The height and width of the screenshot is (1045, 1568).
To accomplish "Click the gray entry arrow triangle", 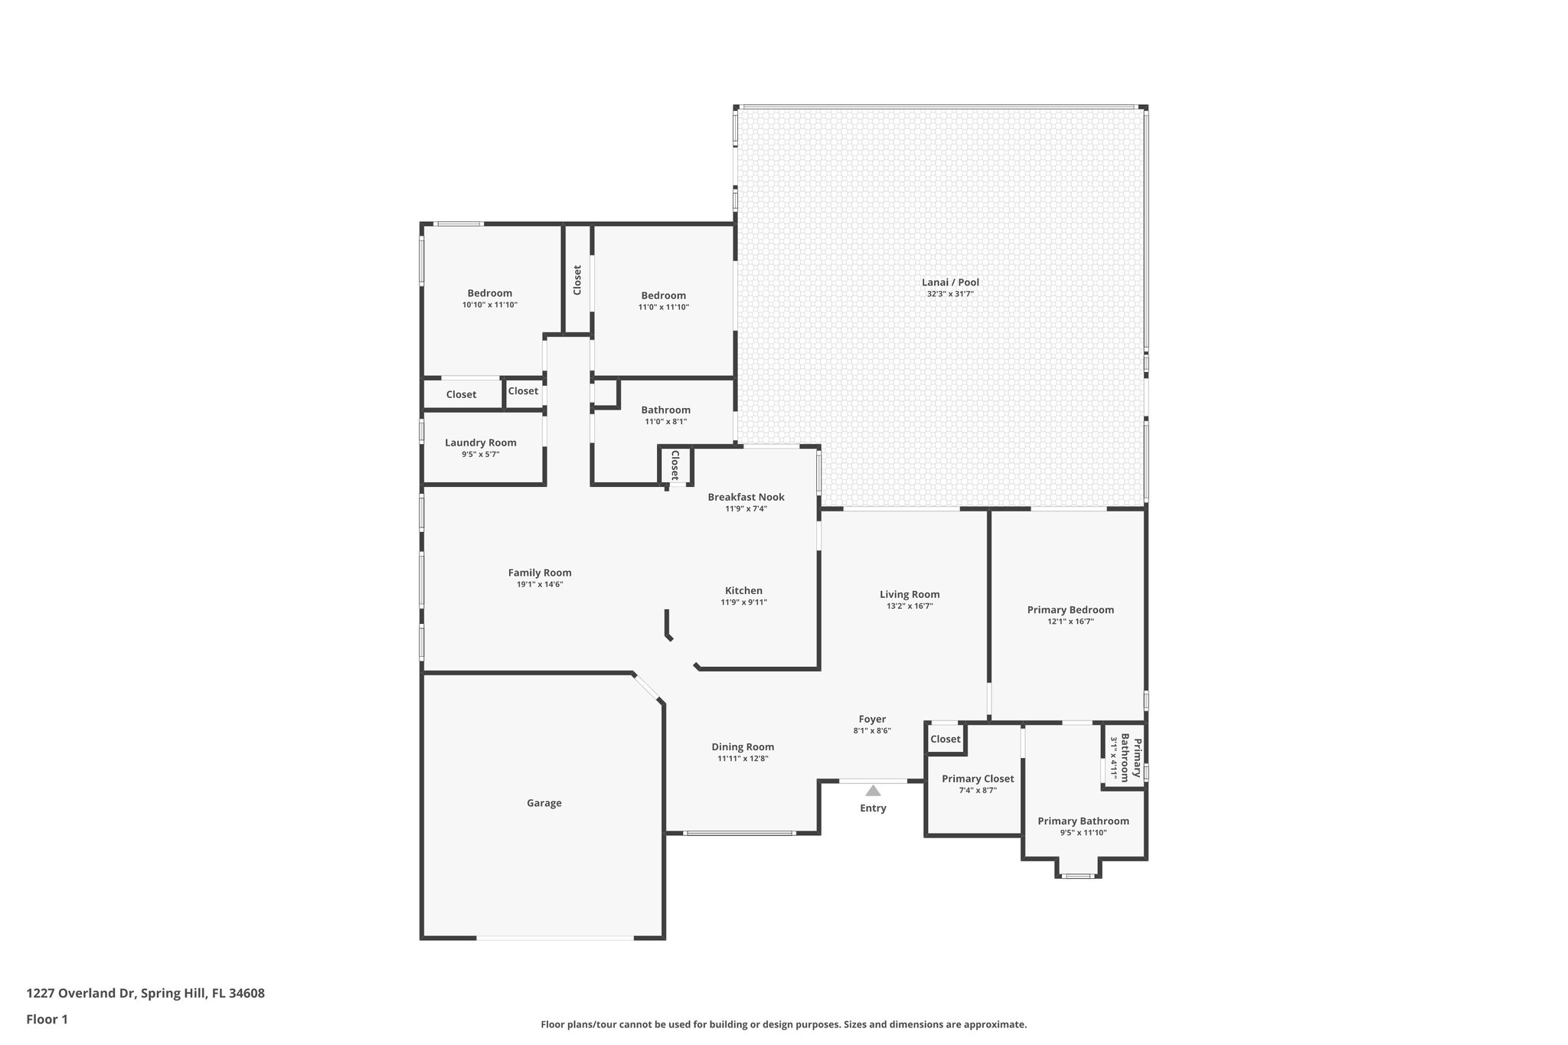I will [x=873, y=790].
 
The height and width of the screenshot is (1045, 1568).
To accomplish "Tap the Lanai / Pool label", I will [x=950, y=282].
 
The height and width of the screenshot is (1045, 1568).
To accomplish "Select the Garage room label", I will [x=544, y=803].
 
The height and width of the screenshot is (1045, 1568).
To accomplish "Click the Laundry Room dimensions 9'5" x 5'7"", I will [x=480, y=454].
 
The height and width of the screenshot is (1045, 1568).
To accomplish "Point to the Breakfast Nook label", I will [x=746, y=497].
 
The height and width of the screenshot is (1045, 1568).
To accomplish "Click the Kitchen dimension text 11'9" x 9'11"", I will [x=743, y=603].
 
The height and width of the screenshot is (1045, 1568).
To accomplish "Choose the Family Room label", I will [x=540, y=573].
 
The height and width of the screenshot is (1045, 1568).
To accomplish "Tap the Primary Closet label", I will [x=978, y=779].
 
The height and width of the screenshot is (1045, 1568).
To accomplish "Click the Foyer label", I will [x=872, y=719].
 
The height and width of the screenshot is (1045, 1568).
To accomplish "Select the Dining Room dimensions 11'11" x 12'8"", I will [x=743, y=759].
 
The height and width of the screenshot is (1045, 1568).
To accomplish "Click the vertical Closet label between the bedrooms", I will [x=577, y=279].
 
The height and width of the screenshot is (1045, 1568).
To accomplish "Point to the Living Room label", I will [x=910, y=594].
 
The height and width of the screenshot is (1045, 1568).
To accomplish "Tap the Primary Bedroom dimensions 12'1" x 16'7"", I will [x=1070, y=622].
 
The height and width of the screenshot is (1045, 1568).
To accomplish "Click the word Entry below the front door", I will [x=873, y=808].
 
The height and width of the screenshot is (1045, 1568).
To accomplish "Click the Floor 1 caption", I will [x=47, y=1019].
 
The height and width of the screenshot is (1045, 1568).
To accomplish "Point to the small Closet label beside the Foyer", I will [x=945, y=739].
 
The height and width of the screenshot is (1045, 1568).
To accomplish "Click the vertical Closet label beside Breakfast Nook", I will [x=675, y=465].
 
